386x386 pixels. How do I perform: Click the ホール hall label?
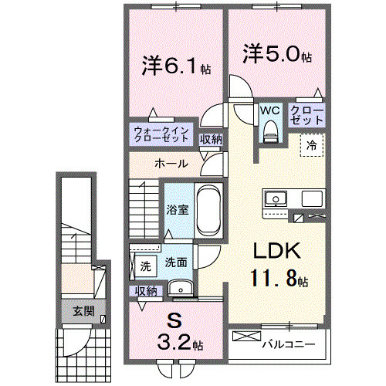[x=170, y=164]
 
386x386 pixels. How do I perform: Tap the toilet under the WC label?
[x=269, y=133]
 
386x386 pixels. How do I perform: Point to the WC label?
[x=269, y=110]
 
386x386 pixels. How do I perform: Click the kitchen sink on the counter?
[x=275, y=199]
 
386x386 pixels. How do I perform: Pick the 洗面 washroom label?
[x=176, y=262]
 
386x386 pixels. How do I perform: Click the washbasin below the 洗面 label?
[x=183, y=289]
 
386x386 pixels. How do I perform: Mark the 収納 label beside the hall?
[x=211, y=140]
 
